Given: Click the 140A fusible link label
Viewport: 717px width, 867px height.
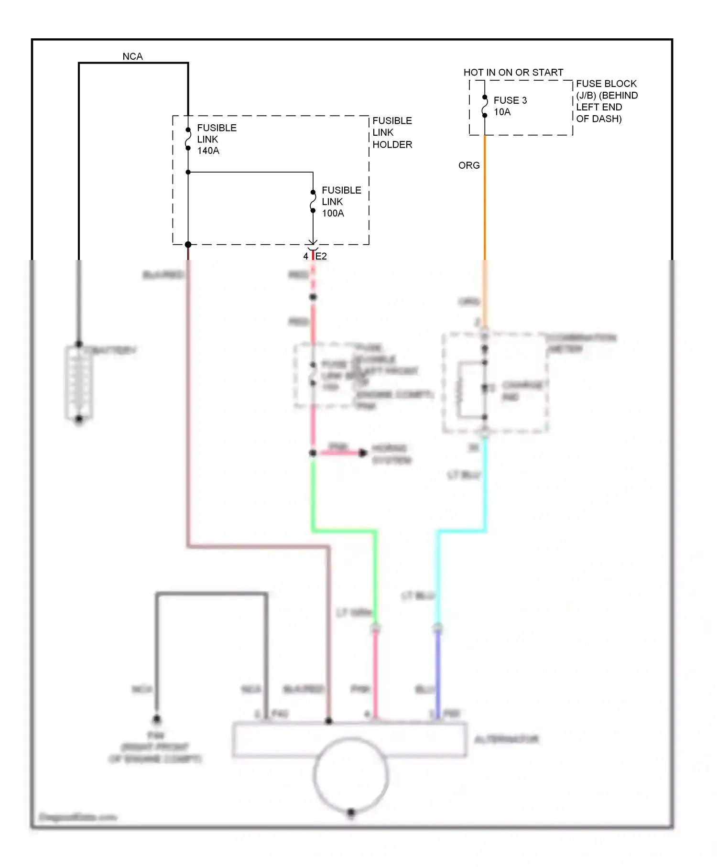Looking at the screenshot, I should (x=216, y=139).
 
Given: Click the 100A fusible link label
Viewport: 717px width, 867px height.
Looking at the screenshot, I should (x=341, y=202).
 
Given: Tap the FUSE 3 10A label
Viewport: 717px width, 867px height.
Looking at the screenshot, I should (x=510, y=106).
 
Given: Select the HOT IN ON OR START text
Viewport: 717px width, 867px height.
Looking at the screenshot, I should (x=513, y=73).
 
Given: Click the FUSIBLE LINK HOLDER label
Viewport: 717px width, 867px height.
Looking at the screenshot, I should (x=392, y=132).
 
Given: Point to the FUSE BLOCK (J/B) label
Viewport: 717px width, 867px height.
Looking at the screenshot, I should (x=606, y=101).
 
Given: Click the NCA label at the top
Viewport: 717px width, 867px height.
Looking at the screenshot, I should (x=132, y=56).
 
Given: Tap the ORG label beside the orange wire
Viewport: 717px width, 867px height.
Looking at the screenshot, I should (x=468, y=165).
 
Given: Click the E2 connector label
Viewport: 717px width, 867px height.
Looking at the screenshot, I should (x=321, y=256).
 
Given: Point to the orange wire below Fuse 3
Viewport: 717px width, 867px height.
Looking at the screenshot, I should (x=485, y=201).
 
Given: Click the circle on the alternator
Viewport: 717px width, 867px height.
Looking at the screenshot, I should (x=351, y=774).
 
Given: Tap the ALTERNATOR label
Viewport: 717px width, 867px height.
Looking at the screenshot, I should (x=506, y=739).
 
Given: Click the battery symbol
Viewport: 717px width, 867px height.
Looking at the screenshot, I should (x=79, y=382).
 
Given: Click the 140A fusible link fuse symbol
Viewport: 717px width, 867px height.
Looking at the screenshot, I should (x=188, y=139).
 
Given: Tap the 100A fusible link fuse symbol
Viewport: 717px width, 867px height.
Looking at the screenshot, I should (x=313, y=202).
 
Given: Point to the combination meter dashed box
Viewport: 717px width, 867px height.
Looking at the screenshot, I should (x=495, y=382).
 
